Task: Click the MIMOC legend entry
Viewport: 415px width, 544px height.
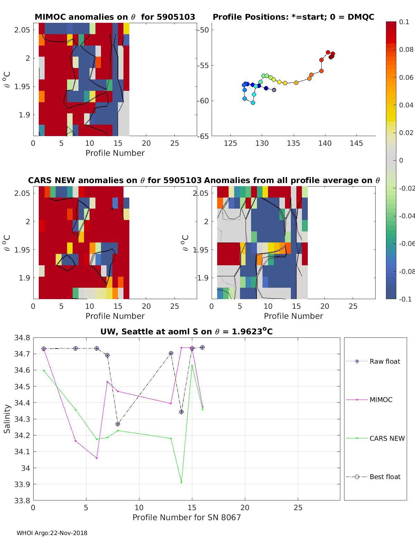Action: [x=381, y=400]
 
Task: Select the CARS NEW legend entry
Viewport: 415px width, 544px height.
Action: [x=387, y=438]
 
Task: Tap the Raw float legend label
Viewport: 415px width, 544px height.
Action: [x=385, y=362]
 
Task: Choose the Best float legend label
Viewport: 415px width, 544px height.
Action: [x=385, y=477]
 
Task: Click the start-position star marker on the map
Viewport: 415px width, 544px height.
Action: [x=274, y=90]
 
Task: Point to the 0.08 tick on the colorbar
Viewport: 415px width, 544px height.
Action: [x=406, y=49]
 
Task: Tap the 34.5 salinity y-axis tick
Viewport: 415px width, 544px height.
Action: [x=22, y=386]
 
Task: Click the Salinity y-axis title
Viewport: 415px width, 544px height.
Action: [x=7, y=419]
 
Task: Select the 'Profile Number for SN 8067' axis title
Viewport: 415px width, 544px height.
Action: [x=186, y=517]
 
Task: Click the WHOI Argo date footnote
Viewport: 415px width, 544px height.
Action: [x=52, y=533]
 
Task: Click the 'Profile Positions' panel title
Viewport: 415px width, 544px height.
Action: [x=293, y=17]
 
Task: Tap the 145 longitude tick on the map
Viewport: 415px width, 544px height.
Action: [x=356, y=143]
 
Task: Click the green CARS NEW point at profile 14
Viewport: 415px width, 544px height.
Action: [x=182, y=483]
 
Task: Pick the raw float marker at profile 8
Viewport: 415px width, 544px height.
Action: [x=118, y=424]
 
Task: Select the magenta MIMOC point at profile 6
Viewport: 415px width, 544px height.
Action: [x=97, y=458]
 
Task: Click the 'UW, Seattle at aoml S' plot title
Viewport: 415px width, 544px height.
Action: [x=186, y=332]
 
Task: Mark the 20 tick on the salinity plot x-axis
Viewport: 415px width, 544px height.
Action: [x=245, y=507]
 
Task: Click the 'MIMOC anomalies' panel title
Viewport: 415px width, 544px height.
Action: [x=115, y=17]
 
